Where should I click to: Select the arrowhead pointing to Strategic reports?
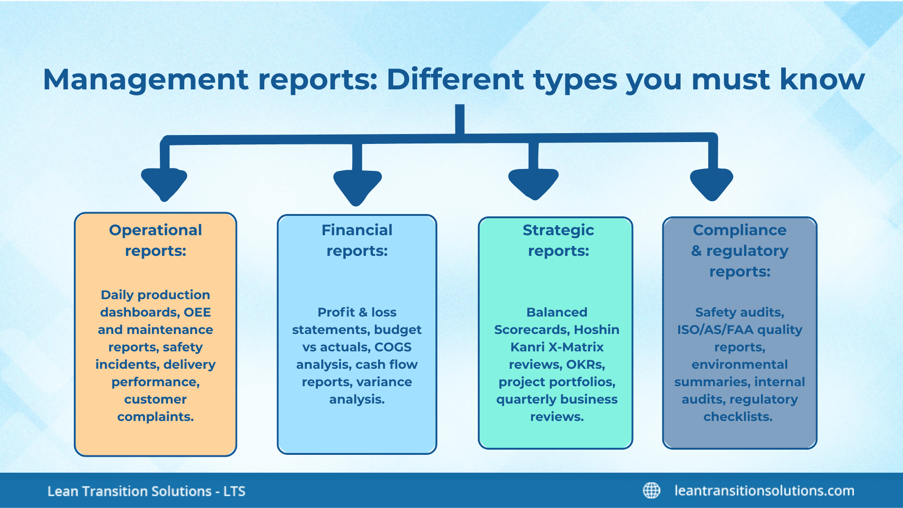(533, 183)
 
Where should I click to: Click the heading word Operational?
(155, 230)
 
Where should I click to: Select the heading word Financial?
(356, 230)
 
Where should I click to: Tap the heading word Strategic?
(558, 230)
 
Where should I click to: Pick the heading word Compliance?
(739, 230)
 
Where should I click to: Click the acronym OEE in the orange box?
(197, 312)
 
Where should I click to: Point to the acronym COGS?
(393, 347)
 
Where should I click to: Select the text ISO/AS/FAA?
(715, 330)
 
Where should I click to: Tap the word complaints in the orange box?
(155, 417)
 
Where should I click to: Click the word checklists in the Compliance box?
(737, 417)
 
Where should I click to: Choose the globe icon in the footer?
(651, 491)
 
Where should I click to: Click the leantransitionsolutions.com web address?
(764, 491)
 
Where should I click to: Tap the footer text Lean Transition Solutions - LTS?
(146, 492)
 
